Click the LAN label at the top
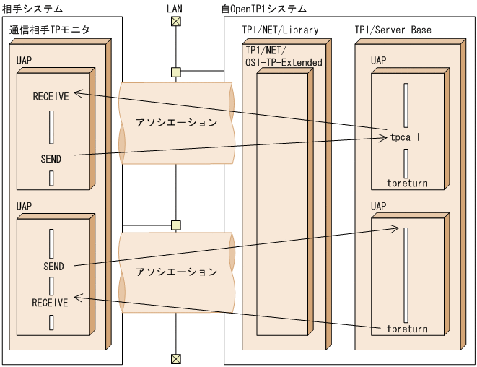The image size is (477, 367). click(x=175, y=8)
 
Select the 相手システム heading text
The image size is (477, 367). click(x=32, y=9)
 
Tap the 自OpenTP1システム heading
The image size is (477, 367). click(x=264, y=9)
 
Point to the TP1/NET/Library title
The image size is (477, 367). click(x=281, y=30)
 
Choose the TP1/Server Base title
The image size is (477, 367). click(x=393, y=30)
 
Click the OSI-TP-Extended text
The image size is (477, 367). click(x=284, y=62)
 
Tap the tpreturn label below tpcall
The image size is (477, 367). click(x=407, y=183)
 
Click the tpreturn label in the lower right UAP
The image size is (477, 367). click(x=407, y=329)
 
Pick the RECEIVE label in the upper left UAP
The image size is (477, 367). click(x=51, y=97)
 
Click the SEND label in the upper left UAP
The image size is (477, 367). click(x=51, y=158)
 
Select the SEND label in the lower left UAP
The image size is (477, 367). click(x=53, y=266)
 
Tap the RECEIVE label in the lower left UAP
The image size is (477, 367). click(x=51, y=303)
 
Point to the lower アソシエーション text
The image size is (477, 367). click(x=176, y=272)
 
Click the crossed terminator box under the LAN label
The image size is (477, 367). click(x=175, y=21)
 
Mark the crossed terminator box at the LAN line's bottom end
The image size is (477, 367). click(x=175, y=358)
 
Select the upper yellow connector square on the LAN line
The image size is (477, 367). click(x=175, y=72)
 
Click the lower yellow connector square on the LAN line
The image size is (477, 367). click(x=175, y=225)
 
